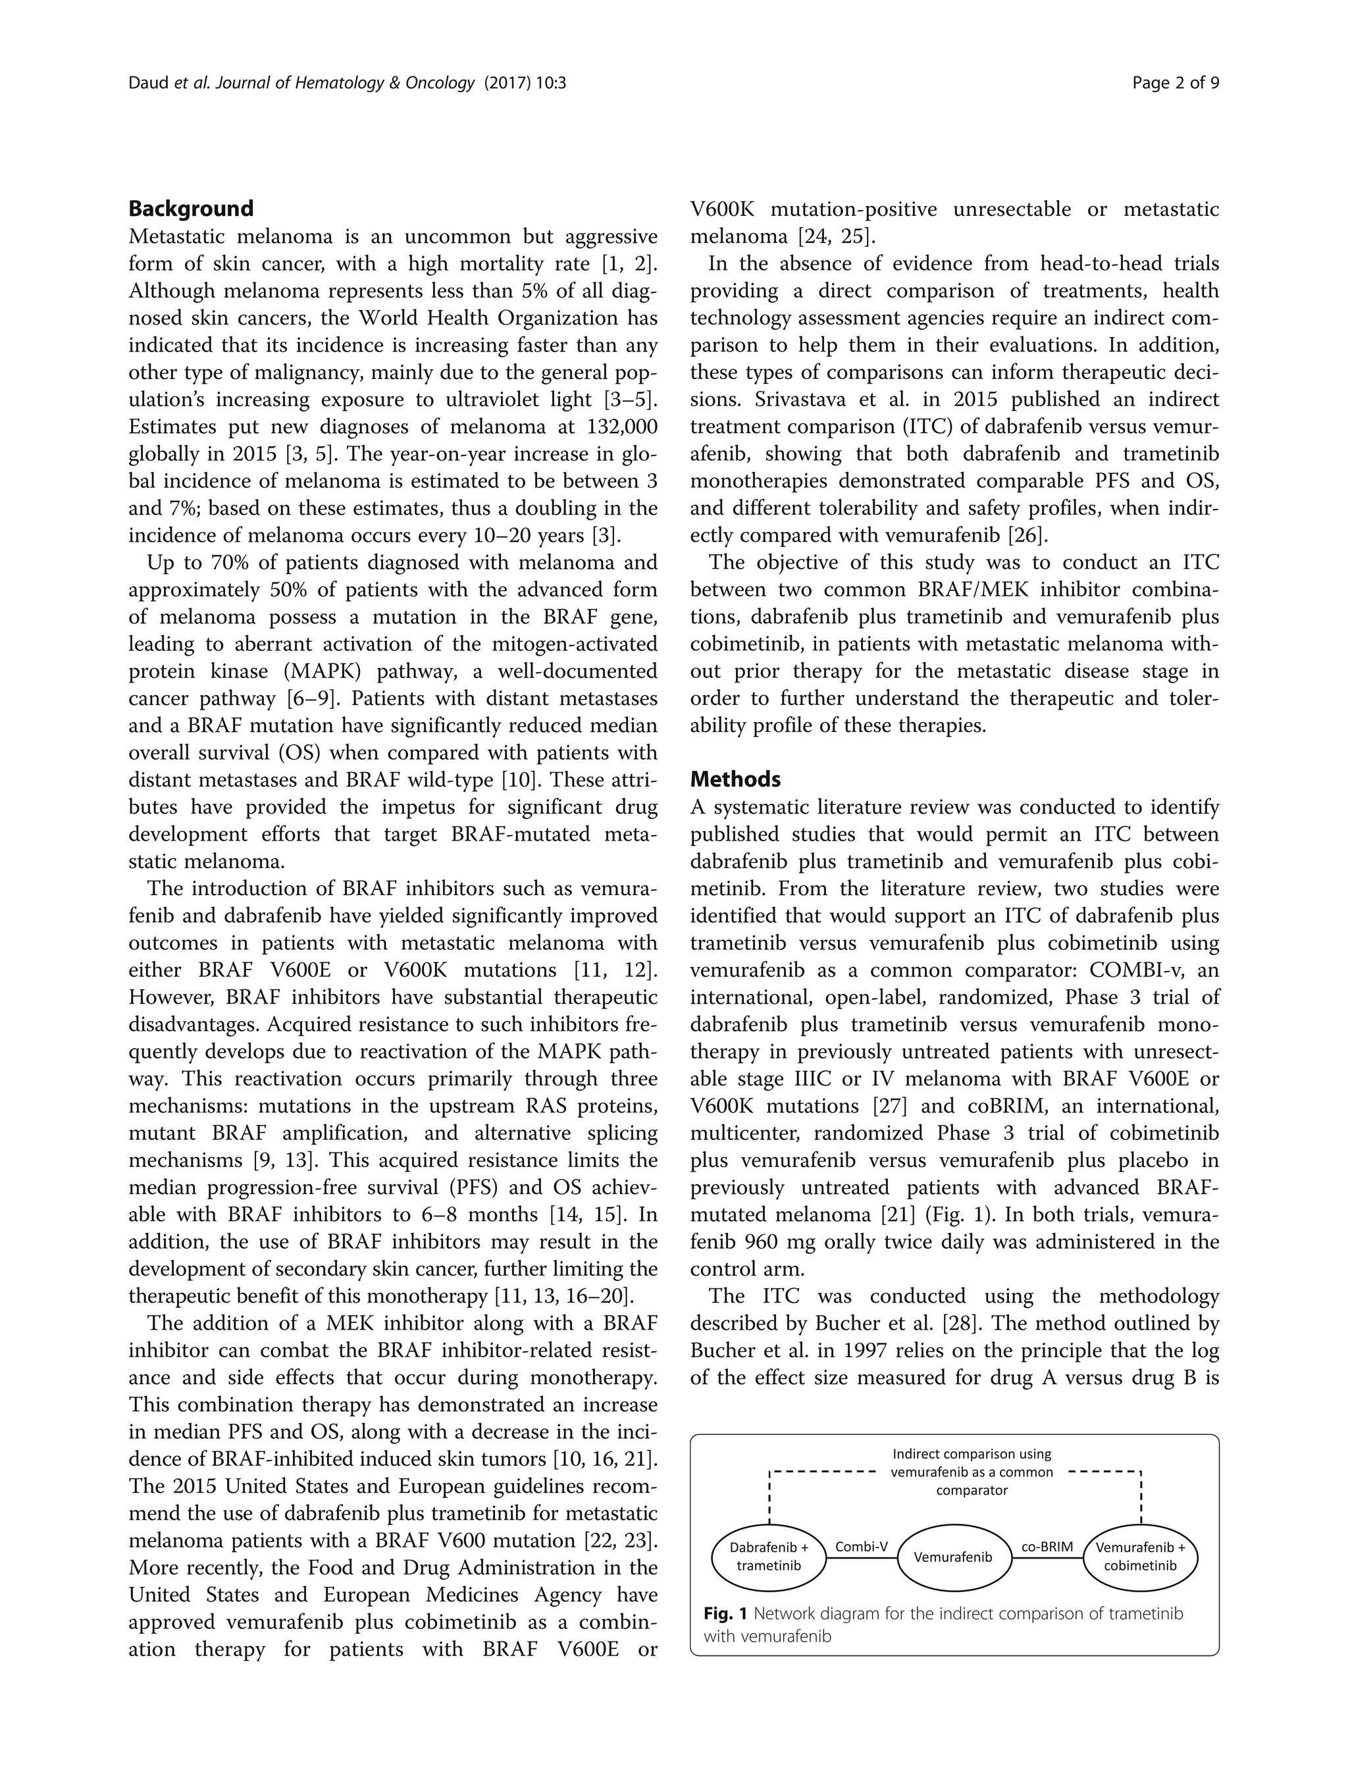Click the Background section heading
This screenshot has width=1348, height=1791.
[x=191, y=209]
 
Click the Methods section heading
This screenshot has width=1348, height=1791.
[x=735, y=779]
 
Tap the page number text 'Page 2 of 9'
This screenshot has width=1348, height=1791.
[x=1176, y=82]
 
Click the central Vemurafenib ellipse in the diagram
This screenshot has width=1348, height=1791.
[x=953, y=1557]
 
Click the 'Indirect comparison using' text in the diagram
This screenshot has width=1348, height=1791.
[x=972, y=1454]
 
